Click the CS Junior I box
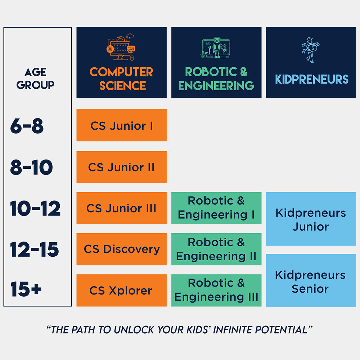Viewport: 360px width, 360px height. pyautogui.click(x=121, y=125)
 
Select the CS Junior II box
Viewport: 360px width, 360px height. pyautogui.click(x=121, y=167)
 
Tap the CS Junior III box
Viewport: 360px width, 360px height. pyautogui.click(x=121, y=208)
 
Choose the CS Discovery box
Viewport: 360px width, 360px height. pyautogui.click(x=121, y=249)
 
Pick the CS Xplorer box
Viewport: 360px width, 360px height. pyautogui.click(x=121, y=290)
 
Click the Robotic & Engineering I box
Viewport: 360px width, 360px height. pyautogui.click(x=216, y=208)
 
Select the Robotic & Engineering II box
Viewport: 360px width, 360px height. pyautogui.click(x=216, y=249)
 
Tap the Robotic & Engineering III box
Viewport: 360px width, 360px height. pyautogui.click(x=216, y=290)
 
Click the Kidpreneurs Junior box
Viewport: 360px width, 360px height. pyautogui.click(x=311, y=219)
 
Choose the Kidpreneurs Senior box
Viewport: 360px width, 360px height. pyautogui.click(x=311, y=280)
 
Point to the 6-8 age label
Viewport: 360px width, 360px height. pyautogui.click(x=27, y=126)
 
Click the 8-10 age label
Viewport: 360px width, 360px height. pyautogui.click(x=31, y=167)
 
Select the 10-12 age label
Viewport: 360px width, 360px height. pyautogui.click(x=35, y=208)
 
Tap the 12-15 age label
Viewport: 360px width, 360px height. pyautogui.click(x=35, y=249)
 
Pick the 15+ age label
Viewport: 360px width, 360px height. pyautogui.click(x=26, y=289)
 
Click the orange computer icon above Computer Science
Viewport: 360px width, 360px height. pyautogui.click(x=121, y=47)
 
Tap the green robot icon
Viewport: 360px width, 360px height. pyautogui.click(x=215, y=48)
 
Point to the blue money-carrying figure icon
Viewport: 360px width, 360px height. pyautogui.click(x=310, y=50)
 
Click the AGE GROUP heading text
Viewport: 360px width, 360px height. pyautogui.click(x=35, y=78)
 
